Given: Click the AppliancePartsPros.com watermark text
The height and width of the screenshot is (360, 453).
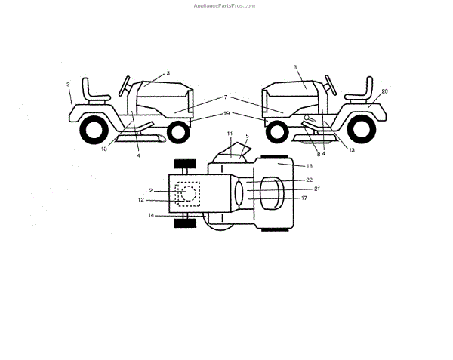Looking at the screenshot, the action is point(226,5).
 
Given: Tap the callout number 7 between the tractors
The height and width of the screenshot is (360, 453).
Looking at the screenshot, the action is point(225,97).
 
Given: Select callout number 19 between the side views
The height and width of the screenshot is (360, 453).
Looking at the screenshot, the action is point(226,113).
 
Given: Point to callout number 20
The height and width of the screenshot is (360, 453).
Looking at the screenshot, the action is point(385,91).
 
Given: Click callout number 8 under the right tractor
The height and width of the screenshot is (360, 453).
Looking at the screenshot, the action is point(318,154).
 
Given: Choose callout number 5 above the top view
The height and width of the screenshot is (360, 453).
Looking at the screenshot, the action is point(247,136).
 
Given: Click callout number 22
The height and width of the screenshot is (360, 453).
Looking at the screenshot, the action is point(310,180).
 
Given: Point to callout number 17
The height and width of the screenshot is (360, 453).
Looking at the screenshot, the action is point(304,198).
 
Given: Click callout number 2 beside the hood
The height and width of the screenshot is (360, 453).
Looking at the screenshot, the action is point(151,191).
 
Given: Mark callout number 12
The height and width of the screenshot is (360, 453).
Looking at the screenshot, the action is point(140,200).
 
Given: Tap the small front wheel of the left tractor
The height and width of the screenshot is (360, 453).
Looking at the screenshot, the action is point(177,132).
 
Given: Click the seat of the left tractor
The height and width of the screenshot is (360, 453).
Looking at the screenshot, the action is point(97,89).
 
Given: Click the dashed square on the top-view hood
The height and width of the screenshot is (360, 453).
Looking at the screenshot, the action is point(187,194).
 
